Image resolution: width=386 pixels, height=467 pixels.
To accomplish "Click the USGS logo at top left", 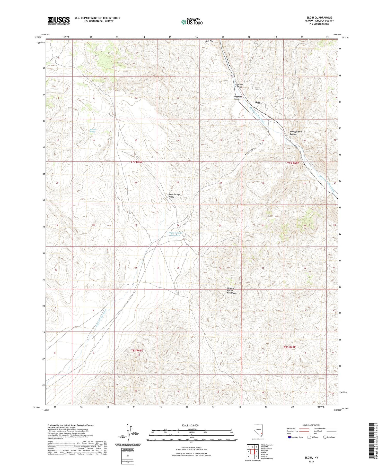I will [x=59, y=21].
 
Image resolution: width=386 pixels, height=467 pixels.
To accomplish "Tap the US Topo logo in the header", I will [x=192, y=22].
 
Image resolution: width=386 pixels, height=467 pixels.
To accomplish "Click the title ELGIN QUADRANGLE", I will [x=319, y=18].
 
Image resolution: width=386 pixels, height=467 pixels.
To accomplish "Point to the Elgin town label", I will [x=257, y=103].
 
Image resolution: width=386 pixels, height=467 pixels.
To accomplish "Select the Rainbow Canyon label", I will [x=239, y=86].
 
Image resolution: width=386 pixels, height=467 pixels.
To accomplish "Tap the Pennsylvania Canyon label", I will [x=296, y=133].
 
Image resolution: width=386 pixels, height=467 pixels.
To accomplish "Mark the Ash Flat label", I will [x=209, y=41].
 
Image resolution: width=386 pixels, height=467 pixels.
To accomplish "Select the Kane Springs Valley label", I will [x=174, y=195].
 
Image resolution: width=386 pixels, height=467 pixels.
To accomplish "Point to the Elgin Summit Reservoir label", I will [x=175, y=234].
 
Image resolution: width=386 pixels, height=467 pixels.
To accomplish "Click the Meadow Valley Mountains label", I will [x=232, y=291].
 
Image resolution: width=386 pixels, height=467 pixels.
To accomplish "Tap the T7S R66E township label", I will [x=136, y=162].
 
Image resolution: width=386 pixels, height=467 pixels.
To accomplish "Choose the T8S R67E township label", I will [x=290, y=347].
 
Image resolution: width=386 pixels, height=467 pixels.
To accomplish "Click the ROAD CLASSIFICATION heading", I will [x=311, y=425].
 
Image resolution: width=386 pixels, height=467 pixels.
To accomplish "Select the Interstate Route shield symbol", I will [x=289, y=437].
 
